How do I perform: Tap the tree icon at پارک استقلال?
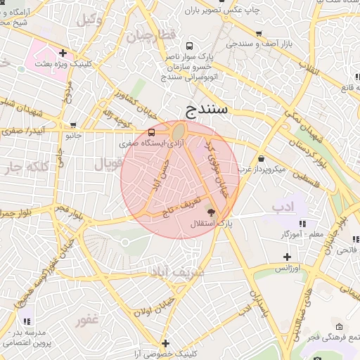click(211, 212)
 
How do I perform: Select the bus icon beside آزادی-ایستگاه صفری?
click(152, 132)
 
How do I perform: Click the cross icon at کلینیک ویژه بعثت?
click(63, 52)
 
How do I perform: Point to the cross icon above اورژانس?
click(286, 257)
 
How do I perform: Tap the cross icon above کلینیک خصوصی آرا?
click(165, 343)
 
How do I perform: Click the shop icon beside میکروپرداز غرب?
click(262, 158)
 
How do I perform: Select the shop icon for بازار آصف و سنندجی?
click(259, 33)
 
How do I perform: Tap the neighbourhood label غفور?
click(94, 320)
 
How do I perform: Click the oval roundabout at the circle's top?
click(179, 131)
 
